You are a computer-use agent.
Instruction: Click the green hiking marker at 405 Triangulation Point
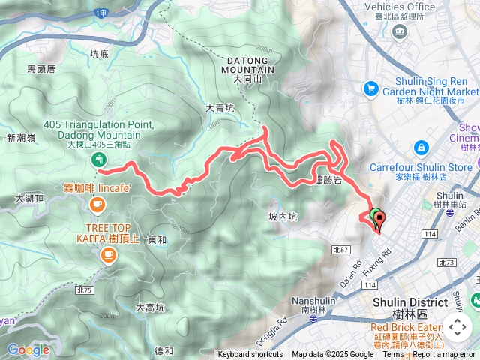97,160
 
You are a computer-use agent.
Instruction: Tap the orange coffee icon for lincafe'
96,204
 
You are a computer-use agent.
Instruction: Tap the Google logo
28,349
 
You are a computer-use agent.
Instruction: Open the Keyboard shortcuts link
250,355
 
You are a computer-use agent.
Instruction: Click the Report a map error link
445,355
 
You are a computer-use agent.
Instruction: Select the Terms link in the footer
393,355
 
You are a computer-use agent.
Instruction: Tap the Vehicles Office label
399,7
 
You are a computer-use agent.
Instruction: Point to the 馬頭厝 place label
41,68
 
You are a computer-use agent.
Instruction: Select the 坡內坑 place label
283,217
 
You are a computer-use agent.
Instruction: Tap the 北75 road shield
84,289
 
